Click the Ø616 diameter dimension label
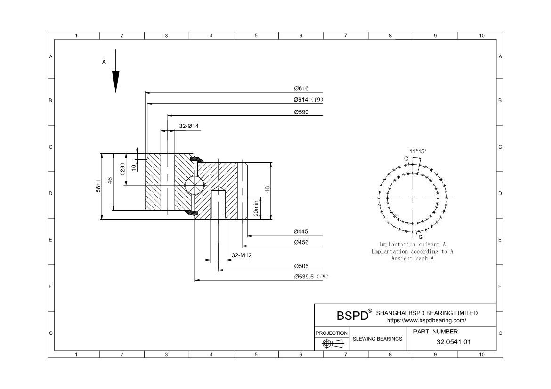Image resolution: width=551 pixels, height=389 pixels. coord(301,88)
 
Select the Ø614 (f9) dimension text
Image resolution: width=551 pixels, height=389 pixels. coord(308,100)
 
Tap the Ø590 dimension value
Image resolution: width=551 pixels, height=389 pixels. coord(301,112)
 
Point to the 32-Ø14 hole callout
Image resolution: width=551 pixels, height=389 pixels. coord(189,126)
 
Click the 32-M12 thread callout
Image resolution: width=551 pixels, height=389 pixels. coord(242,255)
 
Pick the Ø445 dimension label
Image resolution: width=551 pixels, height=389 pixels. coord(301,231)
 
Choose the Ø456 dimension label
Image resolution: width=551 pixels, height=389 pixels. coord(301,242)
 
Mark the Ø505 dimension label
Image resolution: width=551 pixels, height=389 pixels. coord(301,266)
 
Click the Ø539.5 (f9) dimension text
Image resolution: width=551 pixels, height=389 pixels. coord(311,277)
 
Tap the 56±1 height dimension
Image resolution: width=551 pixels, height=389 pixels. coord(99,186)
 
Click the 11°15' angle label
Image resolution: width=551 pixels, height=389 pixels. coord(417,151)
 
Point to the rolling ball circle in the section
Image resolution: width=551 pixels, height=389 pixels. coord(194,184)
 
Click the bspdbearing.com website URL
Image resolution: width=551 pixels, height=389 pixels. coord(426,320)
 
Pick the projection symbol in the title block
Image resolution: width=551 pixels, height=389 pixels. coord(332,344)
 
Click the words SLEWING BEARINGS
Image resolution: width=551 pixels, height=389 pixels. coord(377,339)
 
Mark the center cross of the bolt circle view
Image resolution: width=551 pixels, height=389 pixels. coord(413,198)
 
